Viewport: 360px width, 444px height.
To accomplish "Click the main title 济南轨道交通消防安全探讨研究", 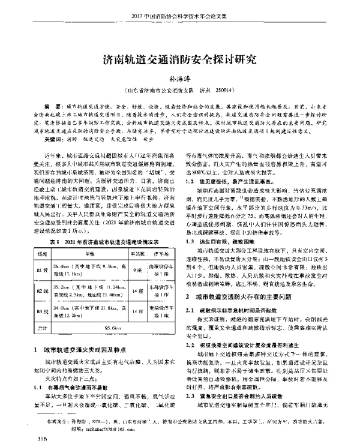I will click(x=180, y=59).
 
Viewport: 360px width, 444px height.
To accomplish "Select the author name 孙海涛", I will click(x=179, y=79).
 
